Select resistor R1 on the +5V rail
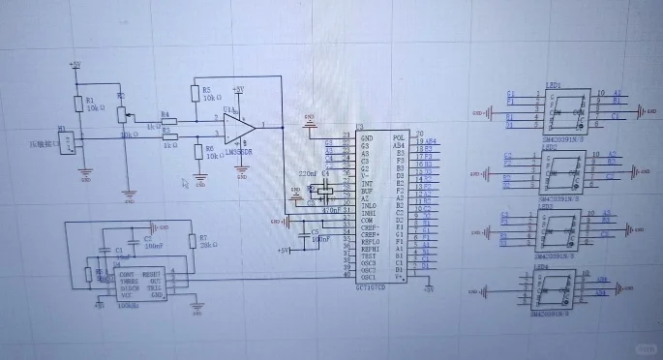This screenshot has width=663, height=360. click(77, 105)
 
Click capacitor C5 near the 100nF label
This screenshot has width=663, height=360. click(306, 233)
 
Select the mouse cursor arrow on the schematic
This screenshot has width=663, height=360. click(188, 180)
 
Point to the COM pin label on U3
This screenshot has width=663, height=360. click(368, 220)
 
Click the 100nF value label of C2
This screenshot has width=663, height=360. click(154, 247)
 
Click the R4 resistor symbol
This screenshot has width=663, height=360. click(166, 121)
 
